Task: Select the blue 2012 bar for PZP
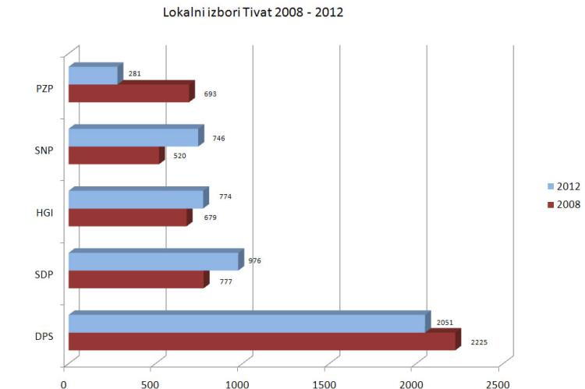click(x=96, y=74)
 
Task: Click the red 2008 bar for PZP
click(x=132, y=92)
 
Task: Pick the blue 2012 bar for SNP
click(x=136, y=136)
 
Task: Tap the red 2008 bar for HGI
click(x=130, y=217)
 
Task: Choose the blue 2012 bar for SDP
click(x=156, y=260)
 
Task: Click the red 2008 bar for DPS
click(x=265, y=340)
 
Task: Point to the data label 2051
click(x=445, y=323)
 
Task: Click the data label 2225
click(x=479, y=342)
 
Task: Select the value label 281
click(x=135, y=74)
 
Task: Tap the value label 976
click(x=255, y=260)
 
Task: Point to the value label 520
click(x=179, y=156)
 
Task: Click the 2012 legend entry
click(x=564, y=186)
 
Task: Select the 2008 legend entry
click(x=564, y=204)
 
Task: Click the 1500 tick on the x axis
click(x=324, y=384)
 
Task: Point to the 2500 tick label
click(x=498, y=384)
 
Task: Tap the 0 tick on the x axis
click(x=64, y=384)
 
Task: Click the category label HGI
click(x=44, y=213)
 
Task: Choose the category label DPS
click(x=44, y=337)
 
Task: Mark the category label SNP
click(x=44, y=150)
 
